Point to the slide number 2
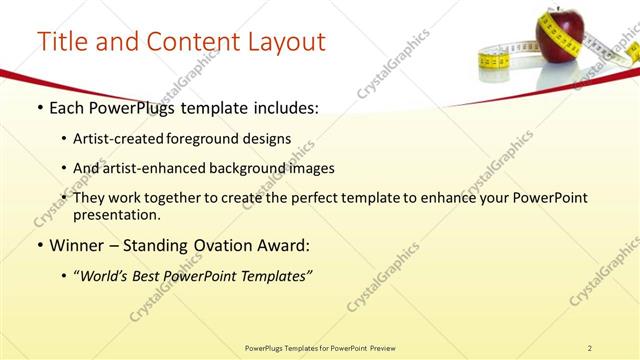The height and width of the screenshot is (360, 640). point(590,348)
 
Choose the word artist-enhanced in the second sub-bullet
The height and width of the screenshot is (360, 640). point(150,168)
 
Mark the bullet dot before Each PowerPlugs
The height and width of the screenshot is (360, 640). point(39,108)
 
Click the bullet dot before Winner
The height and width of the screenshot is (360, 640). point(39,245)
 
